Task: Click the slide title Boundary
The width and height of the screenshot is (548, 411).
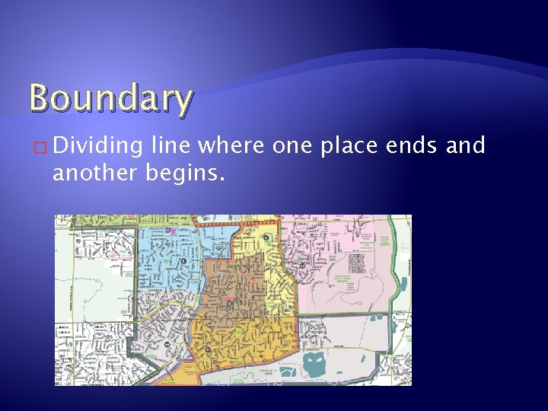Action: click(111, 99)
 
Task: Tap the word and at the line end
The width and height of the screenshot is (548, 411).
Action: click(466, 145)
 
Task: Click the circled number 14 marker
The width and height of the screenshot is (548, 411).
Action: click(228, 303)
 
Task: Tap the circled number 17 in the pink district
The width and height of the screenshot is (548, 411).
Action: click(302, 266)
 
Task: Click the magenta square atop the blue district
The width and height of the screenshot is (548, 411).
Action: click(173, 230)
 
